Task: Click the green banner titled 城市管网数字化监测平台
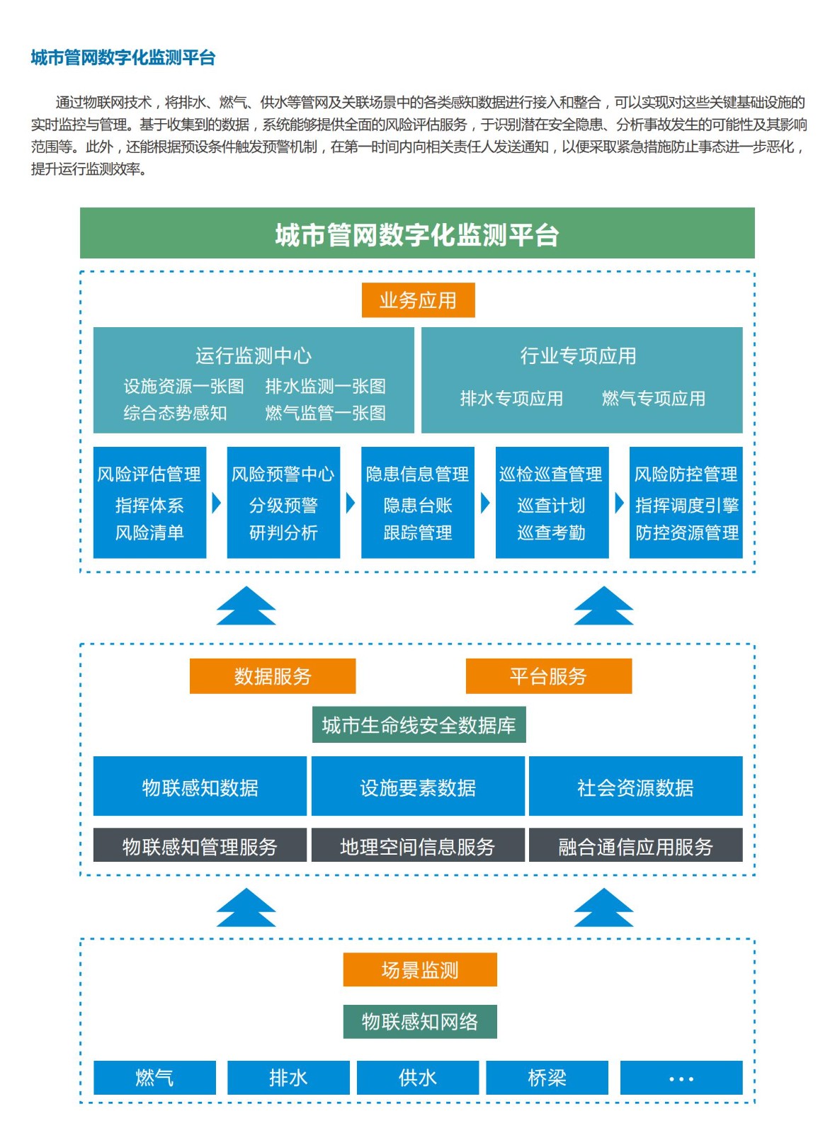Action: tap(417, 234)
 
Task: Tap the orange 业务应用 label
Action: tap(418, 300)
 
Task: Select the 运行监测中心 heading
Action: tap(254, 355)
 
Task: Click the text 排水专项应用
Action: tap(511, 399)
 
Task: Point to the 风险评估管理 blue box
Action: tap(149, 502)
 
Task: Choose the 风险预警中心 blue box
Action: tap(283, 502)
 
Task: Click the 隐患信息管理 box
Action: tap(417, 502)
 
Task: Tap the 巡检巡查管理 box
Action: tap(552, 502)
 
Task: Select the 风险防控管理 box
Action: tap(686, 502)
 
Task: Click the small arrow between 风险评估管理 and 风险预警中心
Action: tap(216, 503)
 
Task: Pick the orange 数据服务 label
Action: tap(273, 676)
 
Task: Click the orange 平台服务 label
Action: tap(548, 676)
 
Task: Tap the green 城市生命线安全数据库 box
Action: tap(419, 725)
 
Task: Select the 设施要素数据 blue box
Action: tap(418, 787)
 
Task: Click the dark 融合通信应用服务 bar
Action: tap(635, 846)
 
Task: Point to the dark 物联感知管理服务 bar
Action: tap(200, 846)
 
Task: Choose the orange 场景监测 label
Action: tap(420, 969)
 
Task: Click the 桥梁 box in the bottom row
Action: tap(547, 1077)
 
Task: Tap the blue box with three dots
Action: tap(681, 1077)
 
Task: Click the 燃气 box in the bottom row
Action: tap(154, 1077)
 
